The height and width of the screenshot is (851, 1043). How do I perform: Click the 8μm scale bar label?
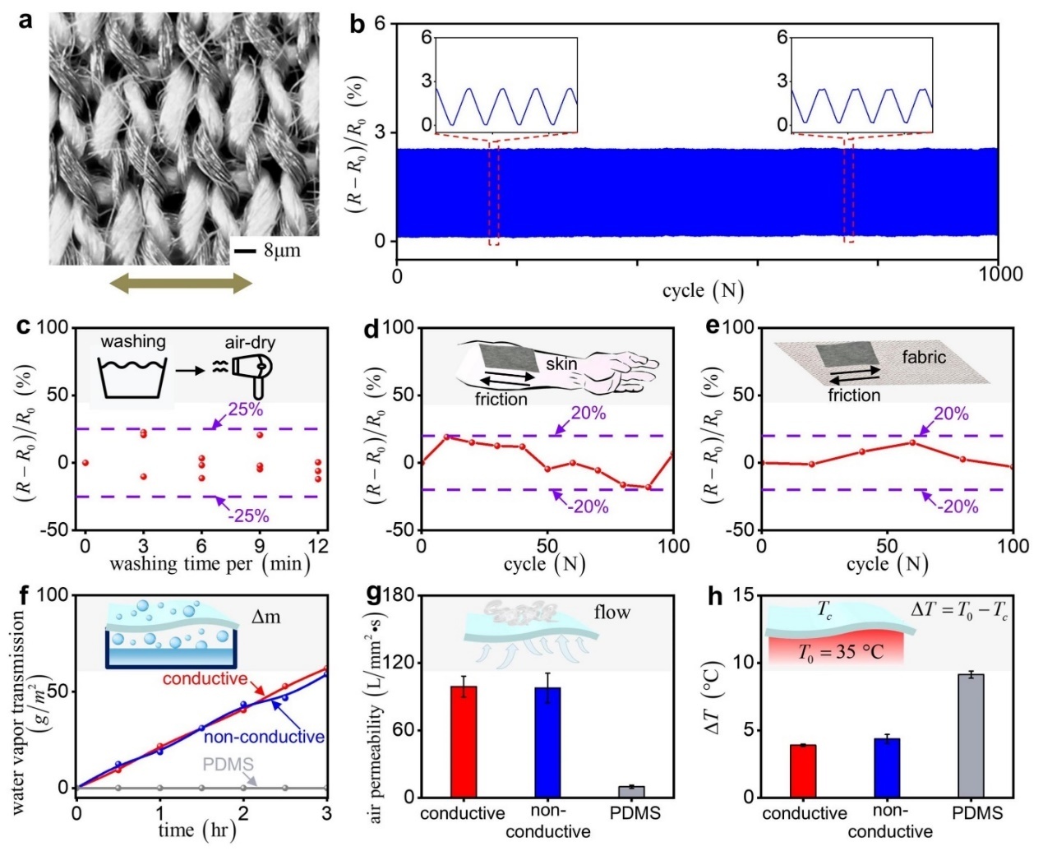[282, 250]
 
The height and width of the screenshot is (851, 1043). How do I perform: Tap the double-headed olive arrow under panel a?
[182, 284]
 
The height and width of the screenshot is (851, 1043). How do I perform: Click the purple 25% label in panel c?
[245, 409]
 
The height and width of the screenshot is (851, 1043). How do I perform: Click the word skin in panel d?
[561, 363]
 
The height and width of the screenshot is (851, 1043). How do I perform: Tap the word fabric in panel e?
[924, 357]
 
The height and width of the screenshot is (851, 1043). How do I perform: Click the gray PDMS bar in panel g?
[632, 792]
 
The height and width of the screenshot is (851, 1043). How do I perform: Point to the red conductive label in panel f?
[205, 679]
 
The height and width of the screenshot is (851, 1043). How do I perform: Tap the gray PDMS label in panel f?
[228, 765]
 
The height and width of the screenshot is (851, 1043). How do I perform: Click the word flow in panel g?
[612, 612]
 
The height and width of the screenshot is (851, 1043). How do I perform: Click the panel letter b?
[358, 25]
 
